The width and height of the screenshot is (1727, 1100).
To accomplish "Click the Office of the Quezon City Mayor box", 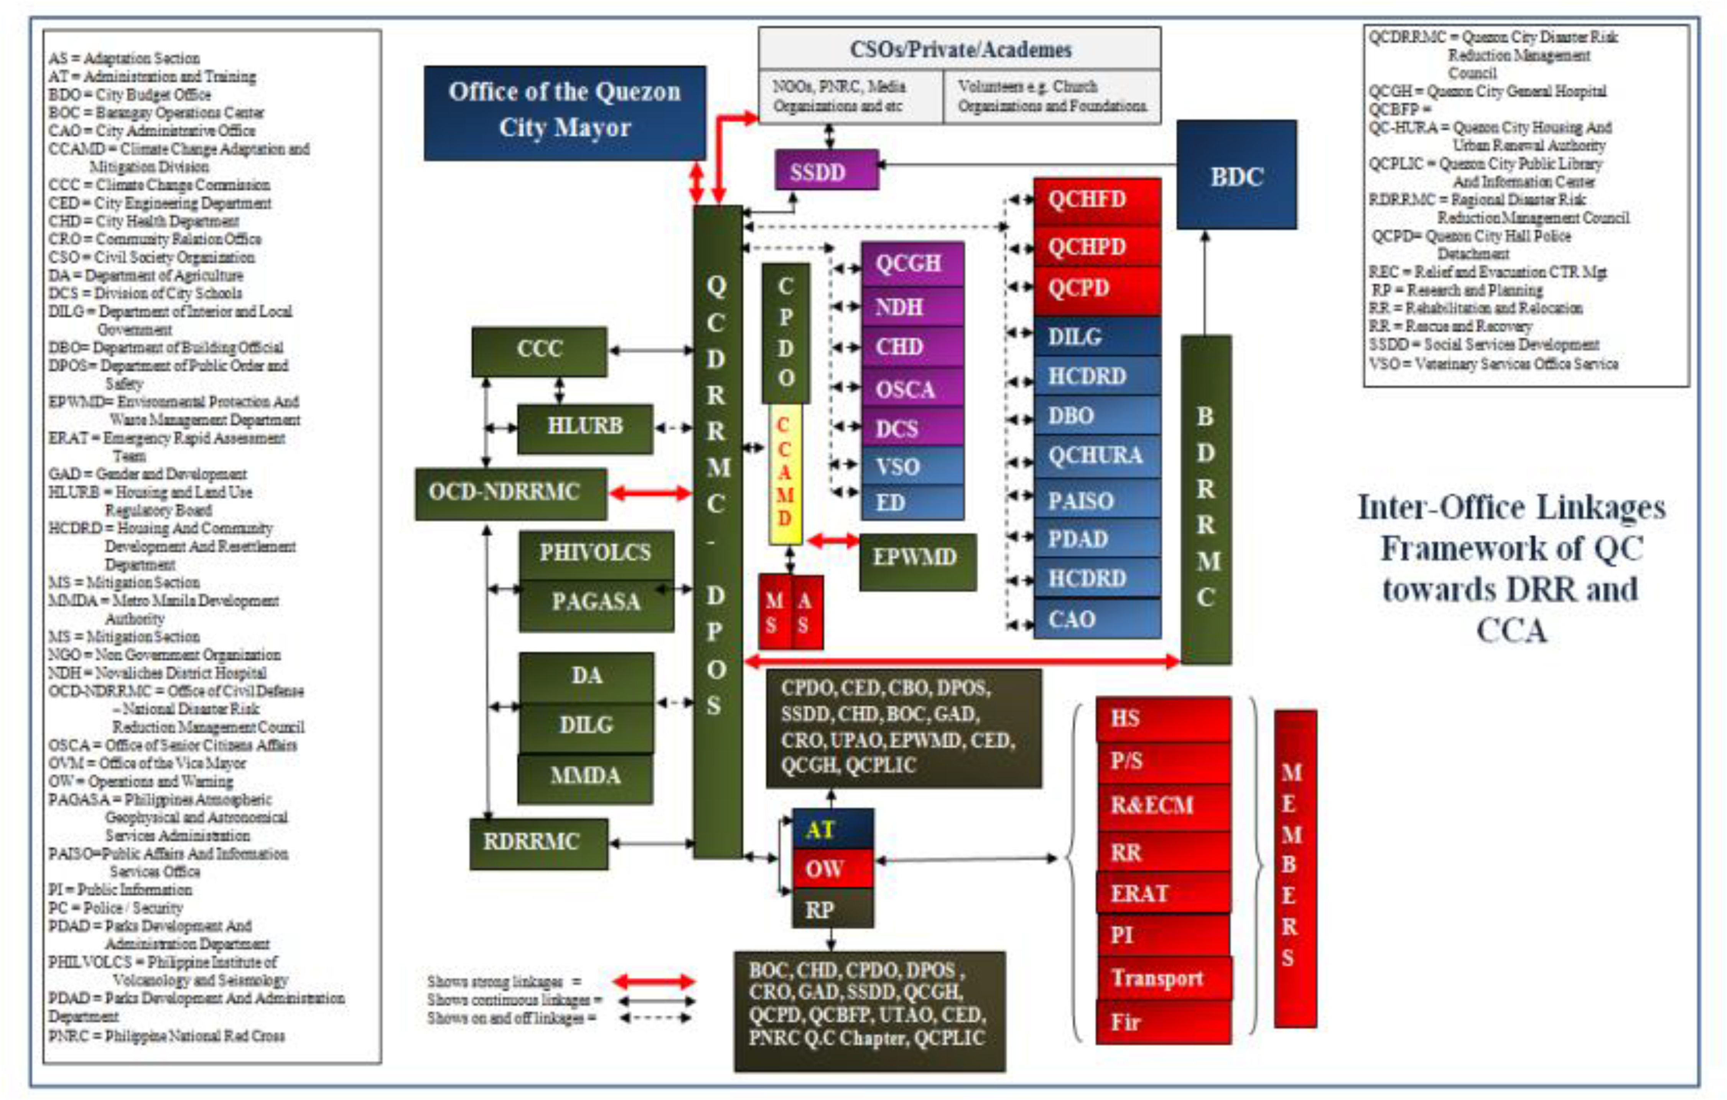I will click(x=565, y=113).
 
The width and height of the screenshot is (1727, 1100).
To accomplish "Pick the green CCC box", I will click(x=539, y=351).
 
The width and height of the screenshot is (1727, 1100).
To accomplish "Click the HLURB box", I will click(x=584, y=428).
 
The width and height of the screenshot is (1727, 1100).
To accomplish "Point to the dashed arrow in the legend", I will click(x=655, y=1018).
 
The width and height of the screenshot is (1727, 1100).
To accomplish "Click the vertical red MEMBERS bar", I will click(x=1294, y=868).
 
